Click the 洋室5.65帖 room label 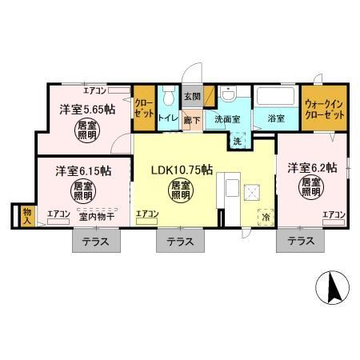[x=84, y=110]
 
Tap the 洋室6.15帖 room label [x=82, y=171]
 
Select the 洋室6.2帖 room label [x=312, y=167]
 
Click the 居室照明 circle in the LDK [x=180, y=190]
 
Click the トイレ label [x=167, y=118]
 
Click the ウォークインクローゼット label [x=325, y=109]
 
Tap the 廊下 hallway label [x=192, y=120]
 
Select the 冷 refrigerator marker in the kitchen [x=264, y=217]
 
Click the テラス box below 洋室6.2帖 [x=300, y=241]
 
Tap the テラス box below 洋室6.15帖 [x=98, y=241]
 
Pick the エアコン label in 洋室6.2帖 [x=334, y=214]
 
